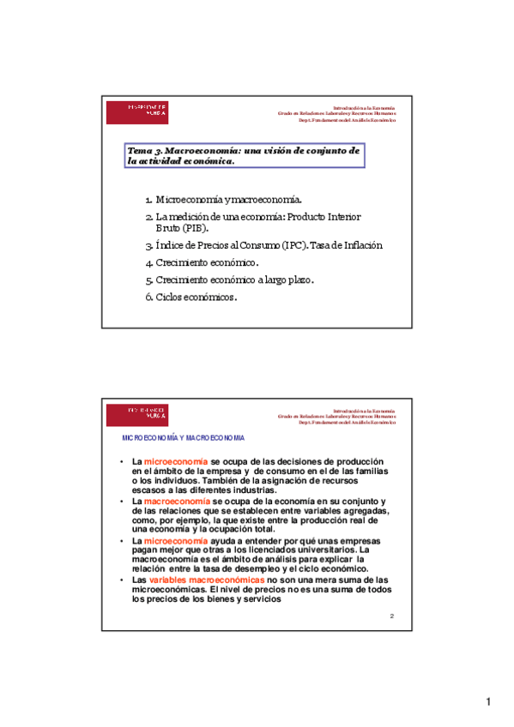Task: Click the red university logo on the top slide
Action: click(137, 111)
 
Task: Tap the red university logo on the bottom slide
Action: click(137, 414)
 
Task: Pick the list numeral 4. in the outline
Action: click(149, 262)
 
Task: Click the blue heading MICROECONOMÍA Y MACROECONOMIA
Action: click(184, 438)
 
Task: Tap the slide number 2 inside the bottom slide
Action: click(392, 616)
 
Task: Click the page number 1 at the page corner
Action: click(487, 703)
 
